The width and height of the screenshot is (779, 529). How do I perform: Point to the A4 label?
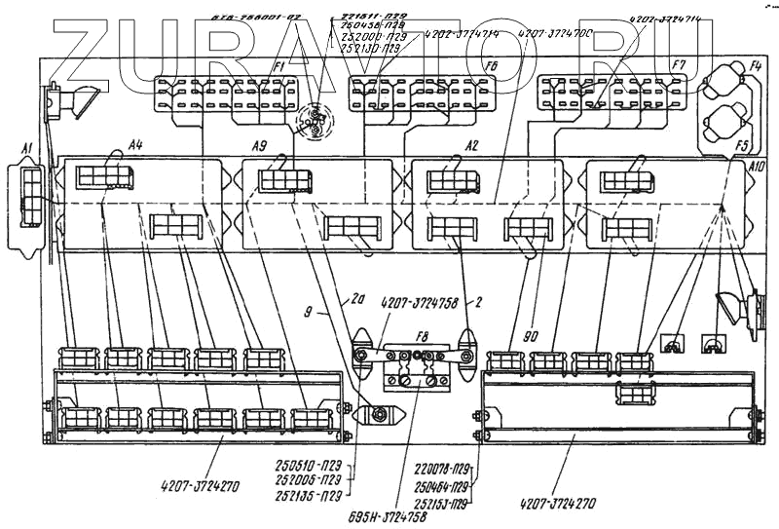click(135, 145)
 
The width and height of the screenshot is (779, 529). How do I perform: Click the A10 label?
click(757, 168)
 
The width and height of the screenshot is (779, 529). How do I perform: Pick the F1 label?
click(278, 65)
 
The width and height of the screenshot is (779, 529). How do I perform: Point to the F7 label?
click(678, 65)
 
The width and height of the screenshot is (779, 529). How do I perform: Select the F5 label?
click(741, 145)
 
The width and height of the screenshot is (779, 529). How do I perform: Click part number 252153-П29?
click(442, 503)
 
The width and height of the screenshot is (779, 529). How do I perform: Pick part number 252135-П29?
click(308, 493)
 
